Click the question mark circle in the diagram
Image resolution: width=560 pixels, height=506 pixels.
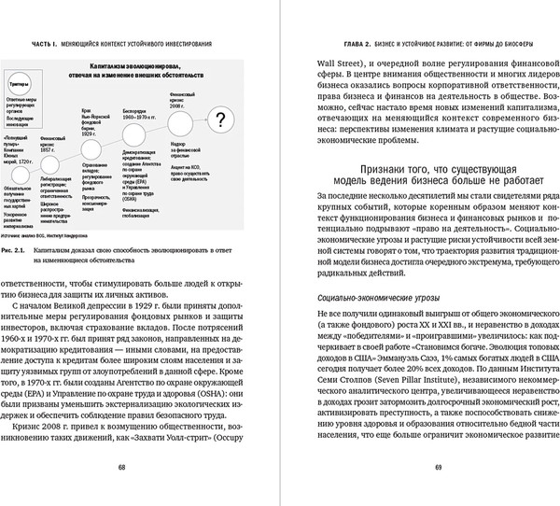coord(219,119)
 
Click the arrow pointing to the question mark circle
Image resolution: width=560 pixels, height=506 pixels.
coord(195,119)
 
